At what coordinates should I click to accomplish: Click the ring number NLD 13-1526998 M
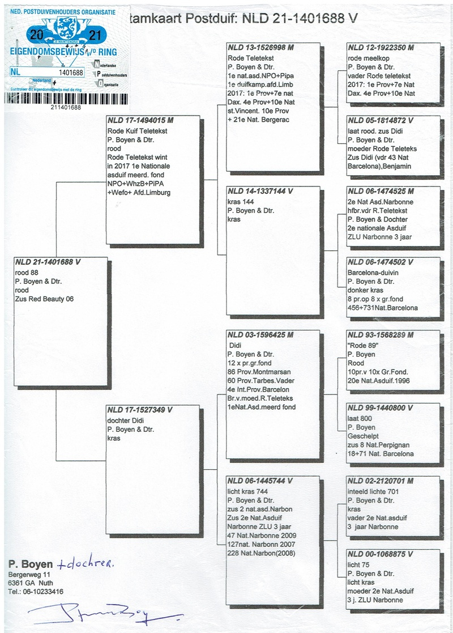[x=260, y=48]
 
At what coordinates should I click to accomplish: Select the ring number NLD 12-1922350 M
[x=381, y=48]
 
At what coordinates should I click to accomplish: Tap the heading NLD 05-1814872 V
[x=381, y=121]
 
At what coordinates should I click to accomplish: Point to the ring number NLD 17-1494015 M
[x=140, y=121]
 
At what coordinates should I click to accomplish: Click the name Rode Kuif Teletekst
[x=134, y=131]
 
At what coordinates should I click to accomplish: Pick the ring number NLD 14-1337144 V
[x=260, y=192]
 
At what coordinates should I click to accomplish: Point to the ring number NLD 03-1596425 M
[x=260, y=335]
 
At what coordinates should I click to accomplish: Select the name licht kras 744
[x=247, y=491]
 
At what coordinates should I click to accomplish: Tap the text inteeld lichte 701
[x=374, y=491]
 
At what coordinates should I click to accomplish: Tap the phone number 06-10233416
[x=42, y=591]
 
